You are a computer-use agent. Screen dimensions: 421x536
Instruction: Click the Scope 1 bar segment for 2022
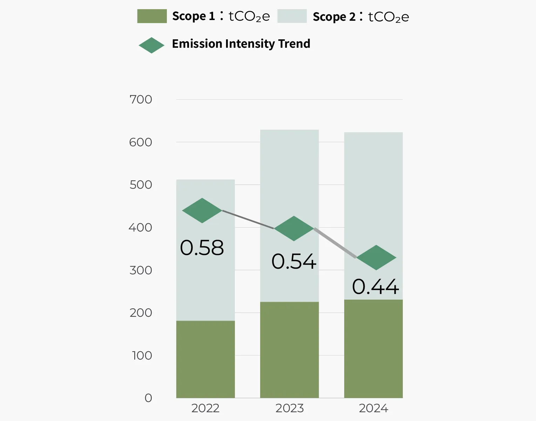click(x=205, y=359)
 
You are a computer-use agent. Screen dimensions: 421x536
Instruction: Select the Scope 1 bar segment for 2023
click(x=289, y=350)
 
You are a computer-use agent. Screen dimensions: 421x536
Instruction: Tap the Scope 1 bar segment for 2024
click(x=373, y=349)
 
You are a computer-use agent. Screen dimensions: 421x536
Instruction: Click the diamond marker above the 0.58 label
click(x=202, y=210)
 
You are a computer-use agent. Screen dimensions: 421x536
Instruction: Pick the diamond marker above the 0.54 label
click(x=294, y=228)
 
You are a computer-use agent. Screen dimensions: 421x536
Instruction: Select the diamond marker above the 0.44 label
click(x=376, y=258)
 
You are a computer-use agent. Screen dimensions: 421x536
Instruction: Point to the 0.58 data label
click(x=202, y=248)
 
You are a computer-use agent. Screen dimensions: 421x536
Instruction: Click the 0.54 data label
click(x=294, y=262)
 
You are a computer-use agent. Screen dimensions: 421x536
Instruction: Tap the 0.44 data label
click(x=375, y=287)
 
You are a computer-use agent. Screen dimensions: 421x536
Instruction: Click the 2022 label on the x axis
click(x=205, y=408)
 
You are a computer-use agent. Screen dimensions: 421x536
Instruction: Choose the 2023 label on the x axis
click(x=289, y=408)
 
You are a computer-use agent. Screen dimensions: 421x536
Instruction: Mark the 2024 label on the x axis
click(x=373, y=408)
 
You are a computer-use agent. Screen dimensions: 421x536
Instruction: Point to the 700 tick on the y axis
click(x=141, y=100)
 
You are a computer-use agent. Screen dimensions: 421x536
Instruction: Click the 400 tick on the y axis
click(x=140, y=228)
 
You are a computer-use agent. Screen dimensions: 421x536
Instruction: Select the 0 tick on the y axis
click(x=148, y=398)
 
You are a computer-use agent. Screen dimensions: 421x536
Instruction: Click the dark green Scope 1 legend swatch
click(x=152, y=16)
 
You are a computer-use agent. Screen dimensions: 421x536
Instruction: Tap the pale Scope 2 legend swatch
click(x=292, y=16)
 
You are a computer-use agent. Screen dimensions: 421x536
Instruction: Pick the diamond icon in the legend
click(x=151, y=45)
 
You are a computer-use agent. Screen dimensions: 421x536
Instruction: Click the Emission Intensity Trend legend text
click(x=241, y=44)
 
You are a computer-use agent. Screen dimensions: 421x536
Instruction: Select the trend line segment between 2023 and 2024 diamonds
click(x=335, y=243)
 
